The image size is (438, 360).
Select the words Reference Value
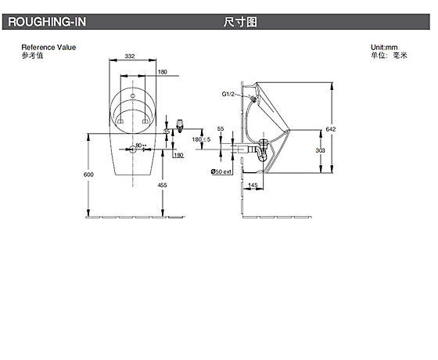[x=48, y=48]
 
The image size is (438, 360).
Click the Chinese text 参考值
[x=32, y=56]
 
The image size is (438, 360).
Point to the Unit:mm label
[x=386, y=48]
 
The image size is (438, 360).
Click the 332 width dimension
[x=131, y=56]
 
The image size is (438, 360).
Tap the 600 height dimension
[x=88, y=175]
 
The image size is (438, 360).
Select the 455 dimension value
[x=162, y=184]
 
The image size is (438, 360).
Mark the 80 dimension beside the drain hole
[x=138, y=145]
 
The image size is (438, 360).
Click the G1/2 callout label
[x=228, y=94]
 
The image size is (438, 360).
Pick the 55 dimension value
[x=221, y=127]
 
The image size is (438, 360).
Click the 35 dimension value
[x=167, y=132]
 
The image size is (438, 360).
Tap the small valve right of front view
[x=181, y=126]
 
